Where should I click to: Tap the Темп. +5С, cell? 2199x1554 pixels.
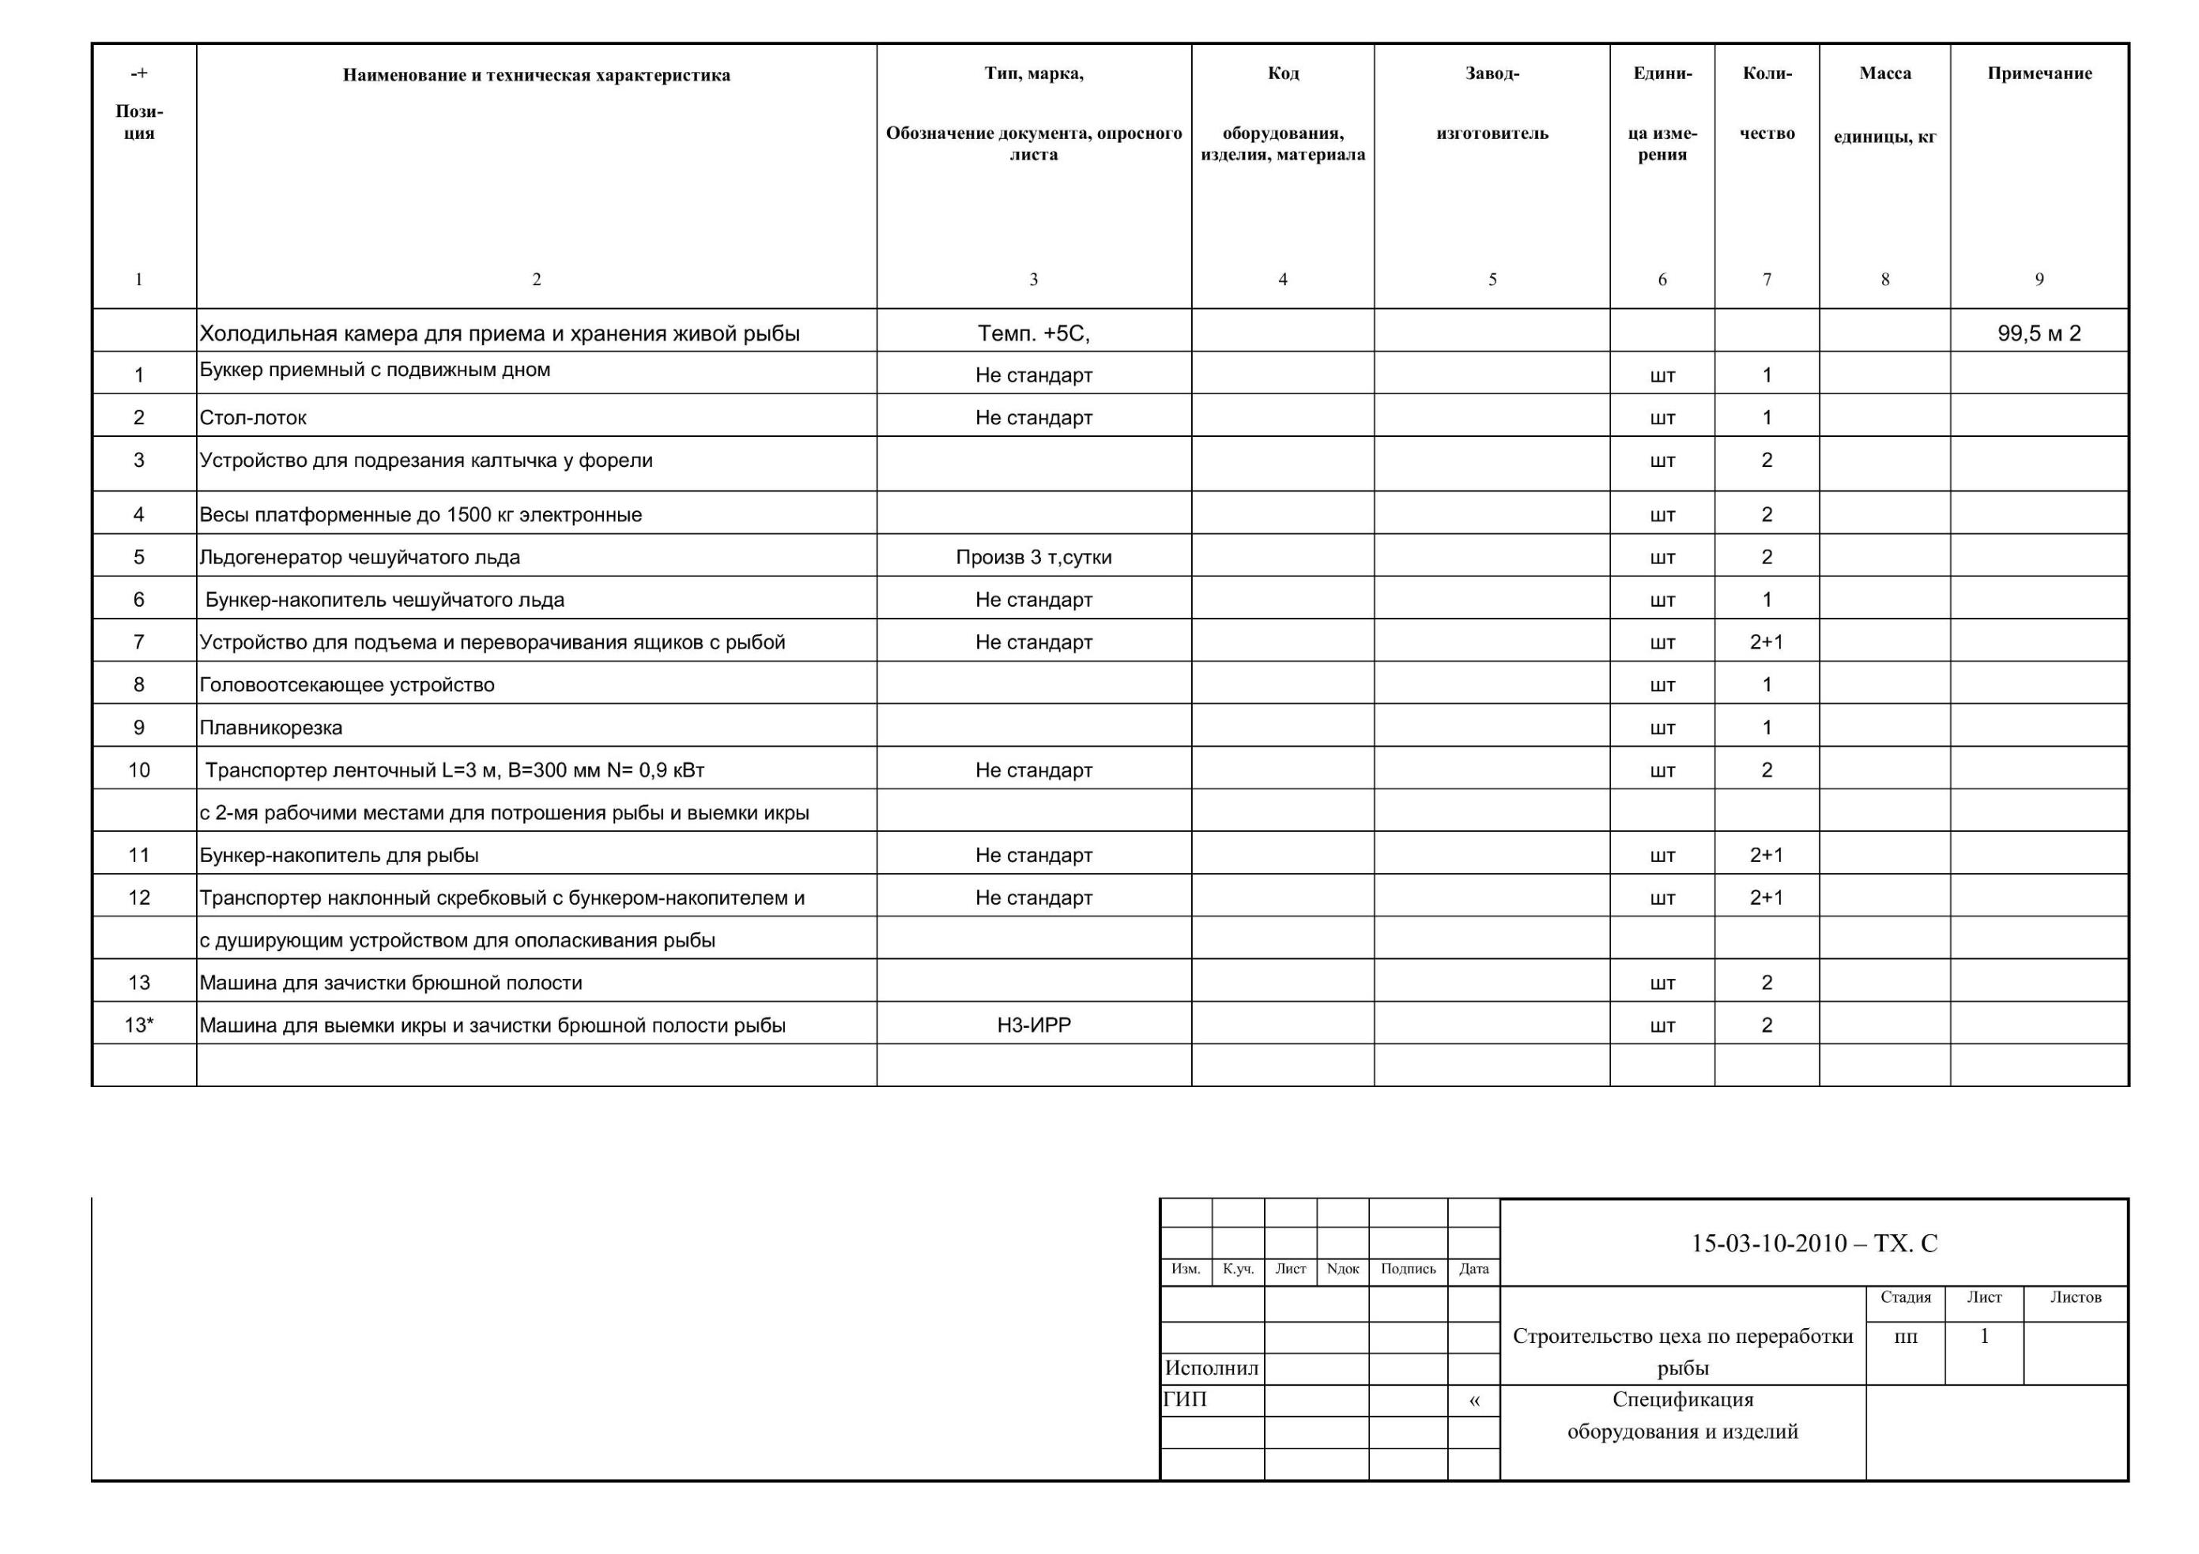1033,333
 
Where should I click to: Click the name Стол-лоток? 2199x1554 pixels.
253,417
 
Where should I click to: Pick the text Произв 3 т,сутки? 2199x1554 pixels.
1033,557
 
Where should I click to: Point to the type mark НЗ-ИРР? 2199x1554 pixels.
1033,1025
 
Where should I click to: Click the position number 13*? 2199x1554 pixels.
139,1025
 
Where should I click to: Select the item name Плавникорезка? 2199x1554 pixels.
271,728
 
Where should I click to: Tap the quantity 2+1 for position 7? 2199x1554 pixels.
1766,642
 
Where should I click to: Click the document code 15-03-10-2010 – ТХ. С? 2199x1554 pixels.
1814,1244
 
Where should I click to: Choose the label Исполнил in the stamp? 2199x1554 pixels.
1212,1368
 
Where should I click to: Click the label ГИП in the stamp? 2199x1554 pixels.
1185,1400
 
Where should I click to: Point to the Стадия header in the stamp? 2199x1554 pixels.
1905,1297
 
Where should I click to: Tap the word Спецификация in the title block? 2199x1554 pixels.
1683,1400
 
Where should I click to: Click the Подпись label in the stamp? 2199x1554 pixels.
1408,1269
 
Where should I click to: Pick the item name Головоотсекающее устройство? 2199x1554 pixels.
347,685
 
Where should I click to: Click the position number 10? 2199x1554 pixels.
139,769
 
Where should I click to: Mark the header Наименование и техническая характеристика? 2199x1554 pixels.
537,76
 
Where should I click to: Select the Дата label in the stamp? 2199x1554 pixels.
1473,1269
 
